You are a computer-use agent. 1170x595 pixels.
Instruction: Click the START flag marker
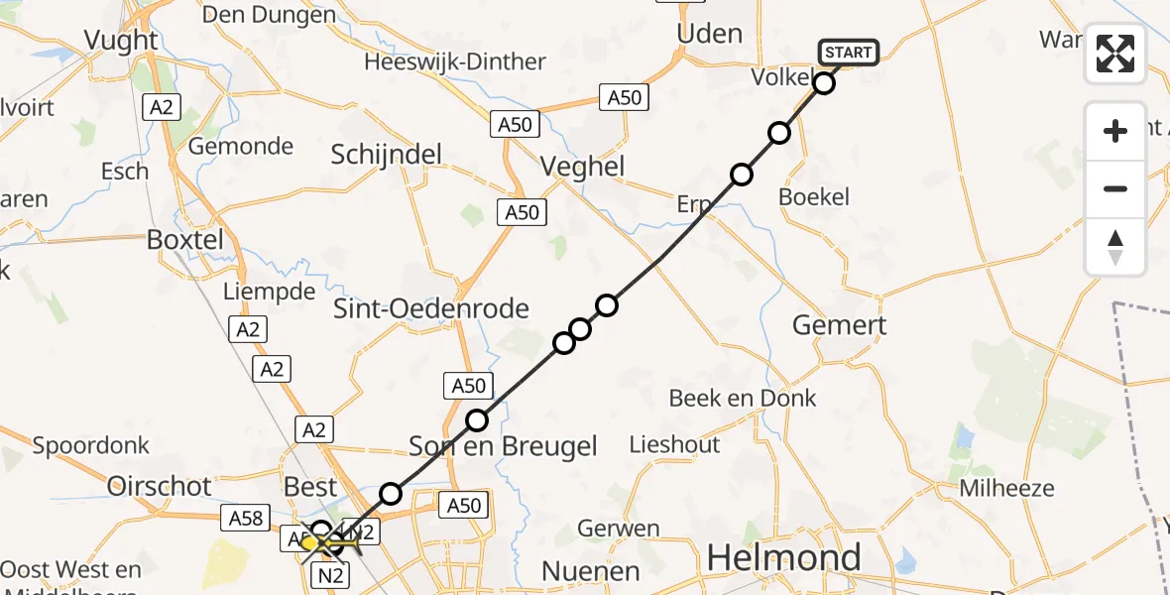[848, 52]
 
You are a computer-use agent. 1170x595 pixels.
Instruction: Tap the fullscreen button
[1115, 54]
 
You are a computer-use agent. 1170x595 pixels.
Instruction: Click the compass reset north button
[1115, 247]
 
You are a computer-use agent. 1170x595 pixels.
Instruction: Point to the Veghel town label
[582, 167]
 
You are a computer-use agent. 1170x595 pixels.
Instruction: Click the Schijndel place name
[387, 154]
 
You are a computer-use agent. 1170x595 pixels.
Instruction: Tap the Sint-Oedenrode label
[430, 307]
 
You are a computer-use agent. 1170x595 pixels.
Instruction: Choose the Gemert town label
[840, 325]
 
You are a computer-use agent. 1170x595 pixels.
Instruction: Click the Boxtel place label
[184, 240]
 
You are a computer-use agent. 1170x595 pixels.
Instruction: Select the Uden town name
[709, 33]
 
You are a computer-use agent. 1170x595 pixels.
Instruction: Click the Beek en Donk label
[743, 398]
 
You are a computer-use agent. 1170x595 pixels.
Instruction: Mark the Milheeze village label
[1006, 488]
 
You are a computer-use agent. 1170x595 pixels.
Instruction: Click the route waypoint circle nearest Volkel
[824, 83]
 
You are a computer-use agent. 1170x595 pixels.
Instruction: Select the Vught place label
[122, 40]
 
